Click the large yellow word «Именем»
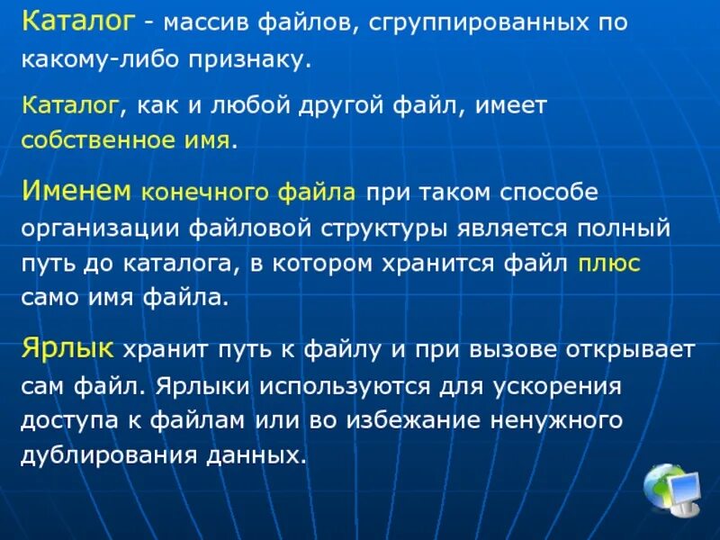(x=76, y=190)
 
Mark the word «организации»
(x=100, y=228)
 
